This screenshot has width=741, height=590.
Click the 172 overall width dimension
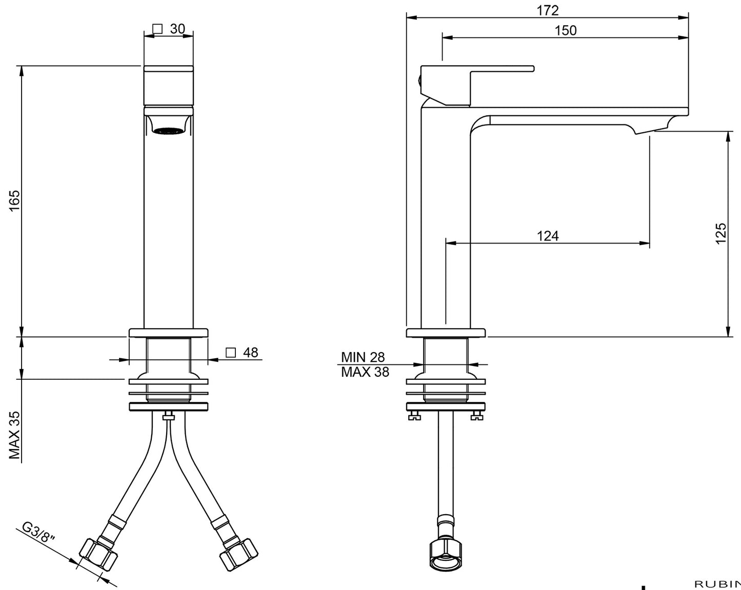point(548,10)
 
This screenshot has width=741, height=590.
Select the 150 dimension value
point(566,31)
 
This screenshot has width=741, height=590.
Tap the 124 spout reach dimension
point(548,236)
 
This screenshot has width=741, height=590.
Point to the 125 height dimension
point(721,233)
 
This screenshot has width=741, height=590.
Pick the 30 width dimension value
point(177,29)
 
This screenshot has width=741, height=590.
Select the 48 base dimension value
point(250,353)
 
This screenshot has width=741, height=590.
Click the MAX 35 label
point(14,435)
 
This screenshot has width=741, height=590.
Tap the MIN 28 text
point(363,357)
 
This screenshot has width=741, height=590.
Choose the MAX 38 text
point(365,372)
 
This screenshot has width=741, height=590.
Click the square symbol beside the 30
point(158,29)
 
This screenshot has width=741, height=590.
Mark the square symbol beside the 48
point(231,353)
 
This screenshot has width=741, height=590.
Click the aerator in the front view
point(169,132)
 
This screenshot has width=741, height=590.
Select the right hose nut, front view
point(238,554)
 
